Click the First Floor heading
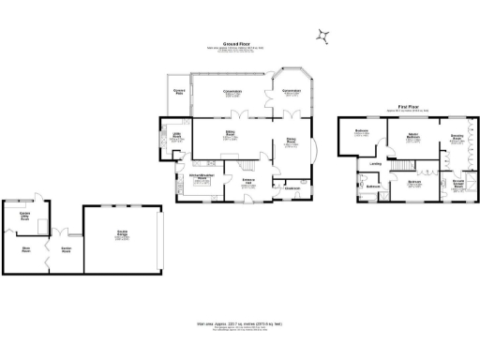pos(406,107)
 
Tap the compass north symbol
pos(324,36)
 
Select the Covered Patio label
pos(180,92)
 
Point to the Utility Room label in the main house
pos(175,136)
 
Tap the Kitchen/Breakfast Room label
pos(201,179)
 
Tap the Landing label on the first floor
pos(375,164)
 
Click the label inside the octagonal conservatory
pos(292,92)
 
